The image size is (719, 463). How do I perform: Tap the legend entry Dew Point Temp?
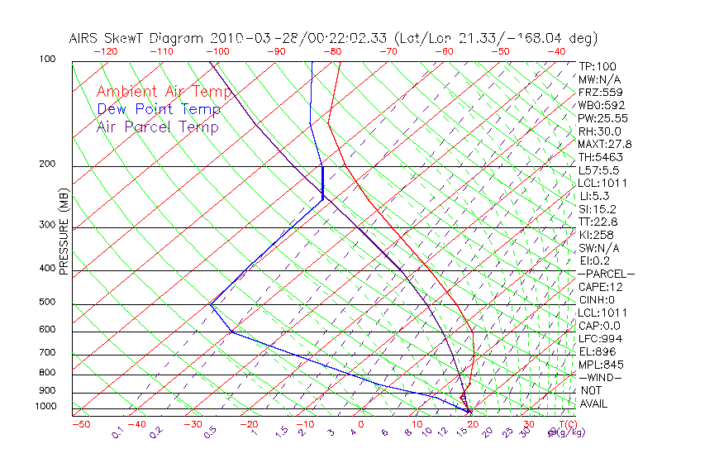[159, 109]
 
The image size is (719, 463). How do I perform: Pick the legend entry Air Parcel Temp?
[157, 127]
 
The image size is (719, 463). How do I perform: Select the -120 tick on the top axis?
[106, 51]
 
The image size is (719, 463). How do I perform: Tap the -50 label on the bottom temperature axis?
[80, 424]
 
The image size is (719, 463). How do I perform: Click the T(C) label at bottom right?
[565, 424]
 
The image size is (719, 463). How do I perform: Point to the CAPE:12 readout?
[601, 287]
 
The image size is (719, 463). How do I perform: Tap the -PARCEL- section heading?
[606, 274]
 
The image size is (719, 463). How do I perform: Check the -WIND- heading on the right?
[601, 377]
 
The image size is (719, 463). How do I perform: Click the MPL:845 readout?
[600, 365]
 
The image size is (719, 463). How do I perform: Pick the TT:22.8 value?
[598, 222]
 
